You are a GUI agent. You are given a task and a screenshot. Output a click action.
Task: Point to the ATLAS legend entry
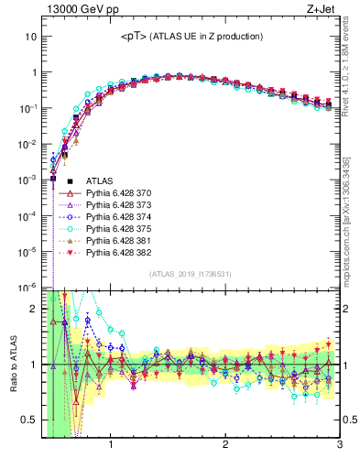coord(100,182)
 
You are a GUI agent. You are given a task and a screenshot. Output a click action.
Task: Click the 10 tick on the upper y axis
coord(31,37)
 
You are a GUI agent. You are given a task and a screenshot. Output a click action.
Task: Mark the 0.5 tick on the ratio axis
coord(29,420)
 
